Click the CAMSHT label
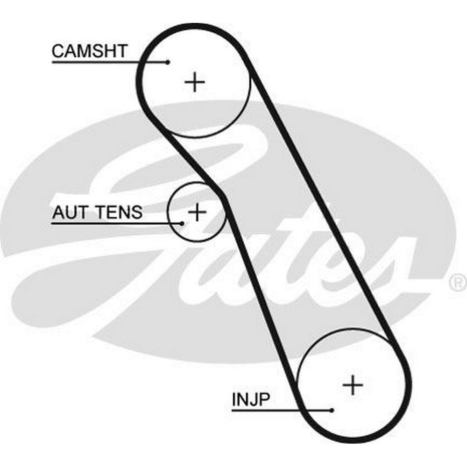pyautogui.click(x=89, y=51)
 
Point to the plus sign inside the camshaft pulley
pyautogui.click(x=195, y=83)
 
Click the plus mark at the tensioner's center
pyautogui.click(x=197, y=212)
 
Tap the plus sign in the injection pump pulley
pyautogui.click(x=353, y=385)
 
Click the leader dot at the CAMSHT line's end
pyautogui.click(x=168, y=62)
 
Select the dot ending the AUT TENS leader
pyautogui.click(x=183, y=223)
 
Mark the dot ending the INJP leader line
pyautogui.click(x=332, y=410)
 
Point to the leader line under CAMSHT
pyautogui.click(x=107, y=62)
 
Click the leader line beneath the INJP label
pyautogui.click(x=280, y=410)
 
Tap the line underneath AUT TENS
pyautogui.click(x=117, y=223)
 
